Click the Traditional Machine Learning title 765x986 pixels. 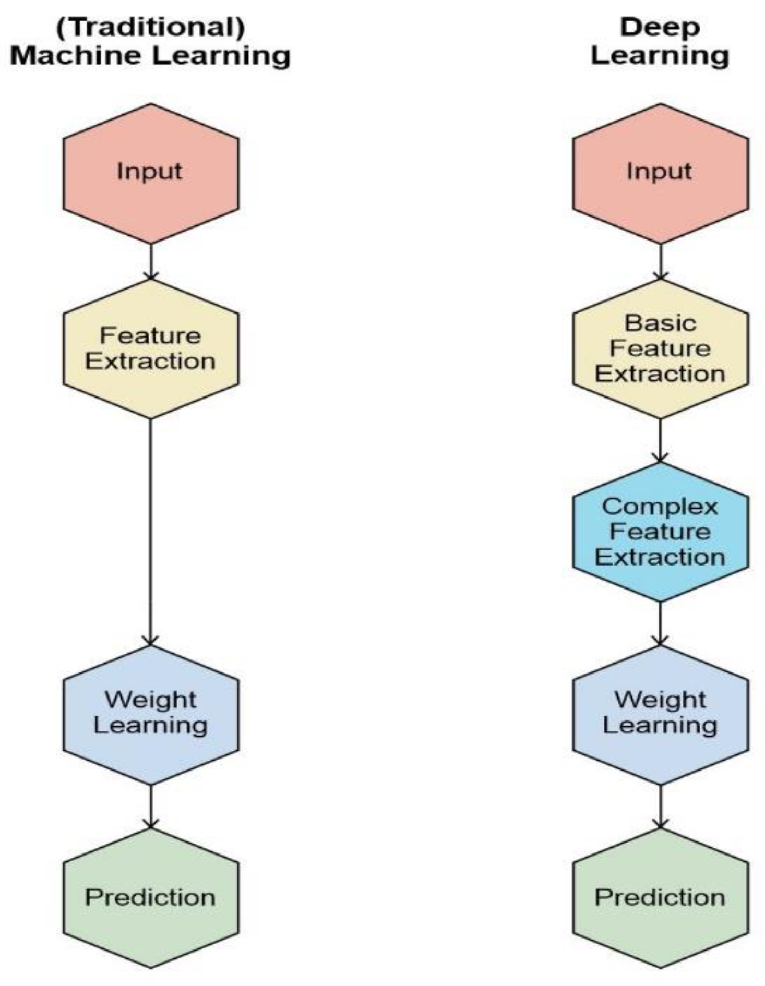coord(150,41)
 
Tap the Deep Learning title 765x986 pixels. coord(660,41)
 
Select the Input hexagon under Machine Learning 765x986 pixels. coord(151,173)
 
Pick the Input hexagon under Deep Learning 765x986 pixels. coord(660,173)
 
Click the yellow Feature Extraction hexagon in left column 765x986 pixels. coord(151,348)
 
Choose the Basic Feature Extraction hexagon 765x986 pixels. coord(660,348)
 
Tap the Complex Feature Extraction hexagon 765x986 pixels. coord(660,532)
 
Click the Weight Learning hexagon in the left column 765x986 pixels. coord(151,714)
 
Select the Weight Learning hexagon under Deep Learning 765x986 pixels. coord(660,714)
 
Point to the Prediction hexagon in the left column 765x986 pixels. coord(151,897)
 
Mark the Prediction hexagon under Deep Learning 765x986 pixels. coord(660,897)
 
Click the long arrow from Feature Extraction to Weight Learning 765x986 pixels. coord(151,532)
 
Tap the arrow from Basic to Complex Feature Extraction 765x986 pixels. coord(660,440)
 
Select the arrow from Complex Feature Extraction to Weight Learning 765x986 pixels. coord(660,623)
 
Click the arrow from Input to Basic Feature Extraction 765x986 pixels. coord(660,261)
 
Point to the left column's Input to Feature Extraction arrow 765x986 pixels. coord(151,261)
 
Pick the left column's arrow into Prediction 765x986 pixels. coord(151,806)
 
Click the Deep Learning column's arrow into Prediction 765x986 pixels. coord(660,806)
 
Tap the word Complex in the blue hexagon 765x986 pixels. coord(660,507)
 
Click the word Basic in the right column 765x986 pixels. coord(660,323)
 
